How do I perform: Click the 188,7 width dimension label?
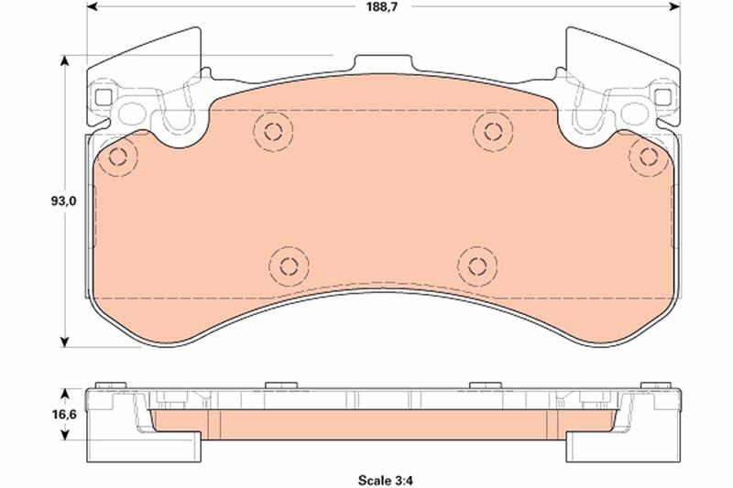(381, 6)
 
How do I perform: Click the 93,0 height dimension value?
(63, 201)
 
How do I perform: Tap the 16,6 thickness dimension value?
(64, 414)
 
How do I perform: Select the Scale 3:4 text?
(386, 480)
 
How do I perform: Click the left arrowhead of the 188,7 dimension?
(93, 6)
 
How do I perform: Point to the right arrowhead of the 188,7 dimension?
(674, 6)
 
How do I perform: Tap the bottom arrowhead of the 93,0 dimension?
(65, 342)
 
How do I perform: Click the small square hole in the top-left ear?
(104, 97)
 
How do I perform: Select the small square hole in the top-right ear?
(662, 97)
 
